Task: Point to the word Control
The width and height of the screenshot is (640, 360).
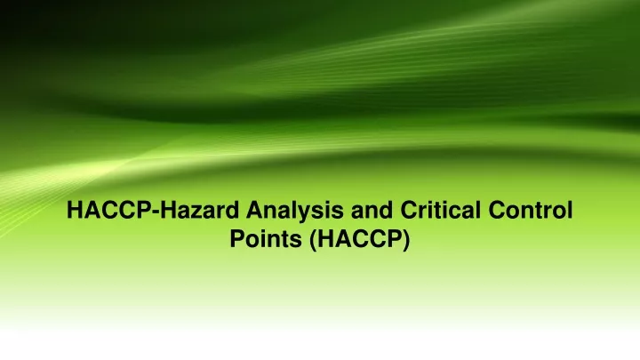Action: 531,210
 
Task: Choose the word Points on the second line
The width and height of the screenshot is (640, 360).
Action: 266,238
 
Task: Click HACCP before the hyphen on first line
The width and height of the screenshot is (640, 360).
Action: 109,210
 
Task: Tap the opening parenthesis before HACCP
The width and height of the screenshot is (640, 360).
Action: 313,241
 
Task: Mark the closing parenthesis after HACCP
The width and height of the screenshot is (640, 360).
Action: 405,241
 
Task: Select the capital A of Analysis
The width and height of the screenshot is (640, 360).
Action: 255,210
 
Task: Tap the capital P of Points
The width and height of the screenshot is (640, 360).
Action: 238,238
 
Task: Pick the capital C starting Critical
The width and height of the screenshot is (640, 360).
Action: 410,210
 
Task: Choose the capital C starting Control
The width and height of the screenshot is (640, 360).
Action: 498,210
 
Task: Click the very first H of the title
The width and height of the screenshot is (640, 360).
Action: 76,210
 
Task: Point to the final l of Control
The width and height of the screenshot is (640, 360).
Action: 570,210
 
